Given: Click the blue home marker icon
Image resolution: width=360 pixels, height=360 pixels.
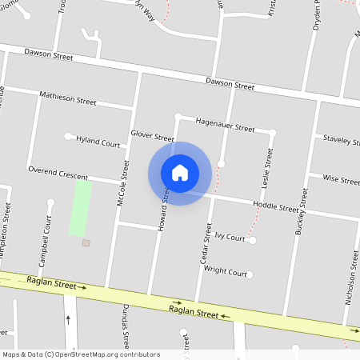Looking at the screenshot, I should click(180, 173).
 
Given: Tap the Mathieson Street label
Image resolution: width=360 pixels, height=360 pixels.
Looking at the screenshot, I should click(68, 98).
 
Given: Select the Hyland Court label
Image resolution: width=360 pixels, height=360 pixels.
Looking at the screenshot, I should click(98, 142).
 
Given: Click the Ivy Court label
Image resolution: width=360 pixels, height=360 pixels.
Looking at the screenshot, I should click(230, 237).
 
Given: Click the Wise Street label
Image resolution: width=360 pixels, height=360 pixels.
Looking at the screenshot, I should click(340, 179).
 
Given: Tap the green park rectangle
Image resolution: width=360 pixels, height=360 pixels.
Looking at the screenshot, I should click(80, 207).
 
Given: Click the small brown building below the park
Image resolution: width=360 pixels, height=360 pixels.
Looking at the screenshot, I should click(86, 242).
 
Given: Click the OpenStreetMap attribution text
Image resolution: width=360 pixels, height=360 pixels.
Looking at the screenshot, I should click(81, 354).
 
